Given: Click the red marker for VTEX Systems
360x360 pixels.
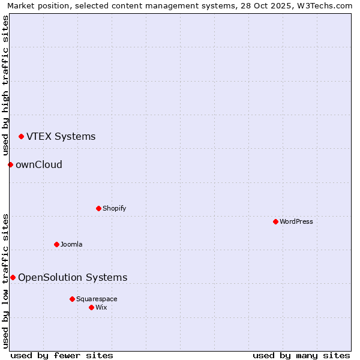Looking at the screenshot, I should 21,137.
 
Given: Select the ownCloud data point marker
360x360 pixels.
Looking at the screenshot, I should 10,164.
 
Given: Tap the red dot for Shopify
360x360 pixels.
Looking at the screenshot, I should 98,208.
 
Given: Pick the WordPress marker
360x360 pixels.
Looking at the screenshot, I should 275,221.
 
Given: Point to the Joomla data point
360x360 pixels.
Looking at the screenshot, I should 56,244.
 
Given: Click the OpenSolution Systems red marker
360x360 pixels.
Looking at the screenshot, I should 13,277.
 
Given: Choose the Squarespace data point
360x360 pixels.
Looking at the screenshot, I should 72,299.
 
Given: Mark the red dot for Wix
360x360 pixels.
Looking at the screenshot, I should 91,307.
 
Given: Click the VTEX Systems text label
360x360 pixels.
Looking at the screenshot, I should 61,137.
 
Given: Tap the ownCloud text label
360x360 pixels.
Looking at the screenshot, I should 38,165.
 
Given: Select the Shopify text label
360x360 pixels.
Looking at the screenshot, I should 114,209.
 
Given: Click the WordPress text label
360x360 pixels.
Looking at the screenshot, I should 296,222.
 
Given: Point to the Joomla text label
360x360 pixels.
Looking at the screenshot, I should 71,245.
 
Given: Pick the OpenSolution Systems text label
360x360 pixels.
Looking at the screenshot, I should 73,278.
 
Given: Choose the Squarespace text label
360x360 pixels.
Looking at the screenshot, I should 97,299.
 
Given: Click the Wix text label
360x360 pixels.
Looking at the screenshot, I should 101,308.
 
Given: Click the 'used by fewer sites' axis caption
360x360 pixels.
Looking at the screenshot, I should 62,355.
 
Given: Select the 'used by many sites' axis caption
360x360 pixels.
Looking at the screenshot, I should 301,355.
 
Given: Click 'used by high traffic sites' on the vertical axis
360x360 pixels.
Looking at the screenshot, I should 5,85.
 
